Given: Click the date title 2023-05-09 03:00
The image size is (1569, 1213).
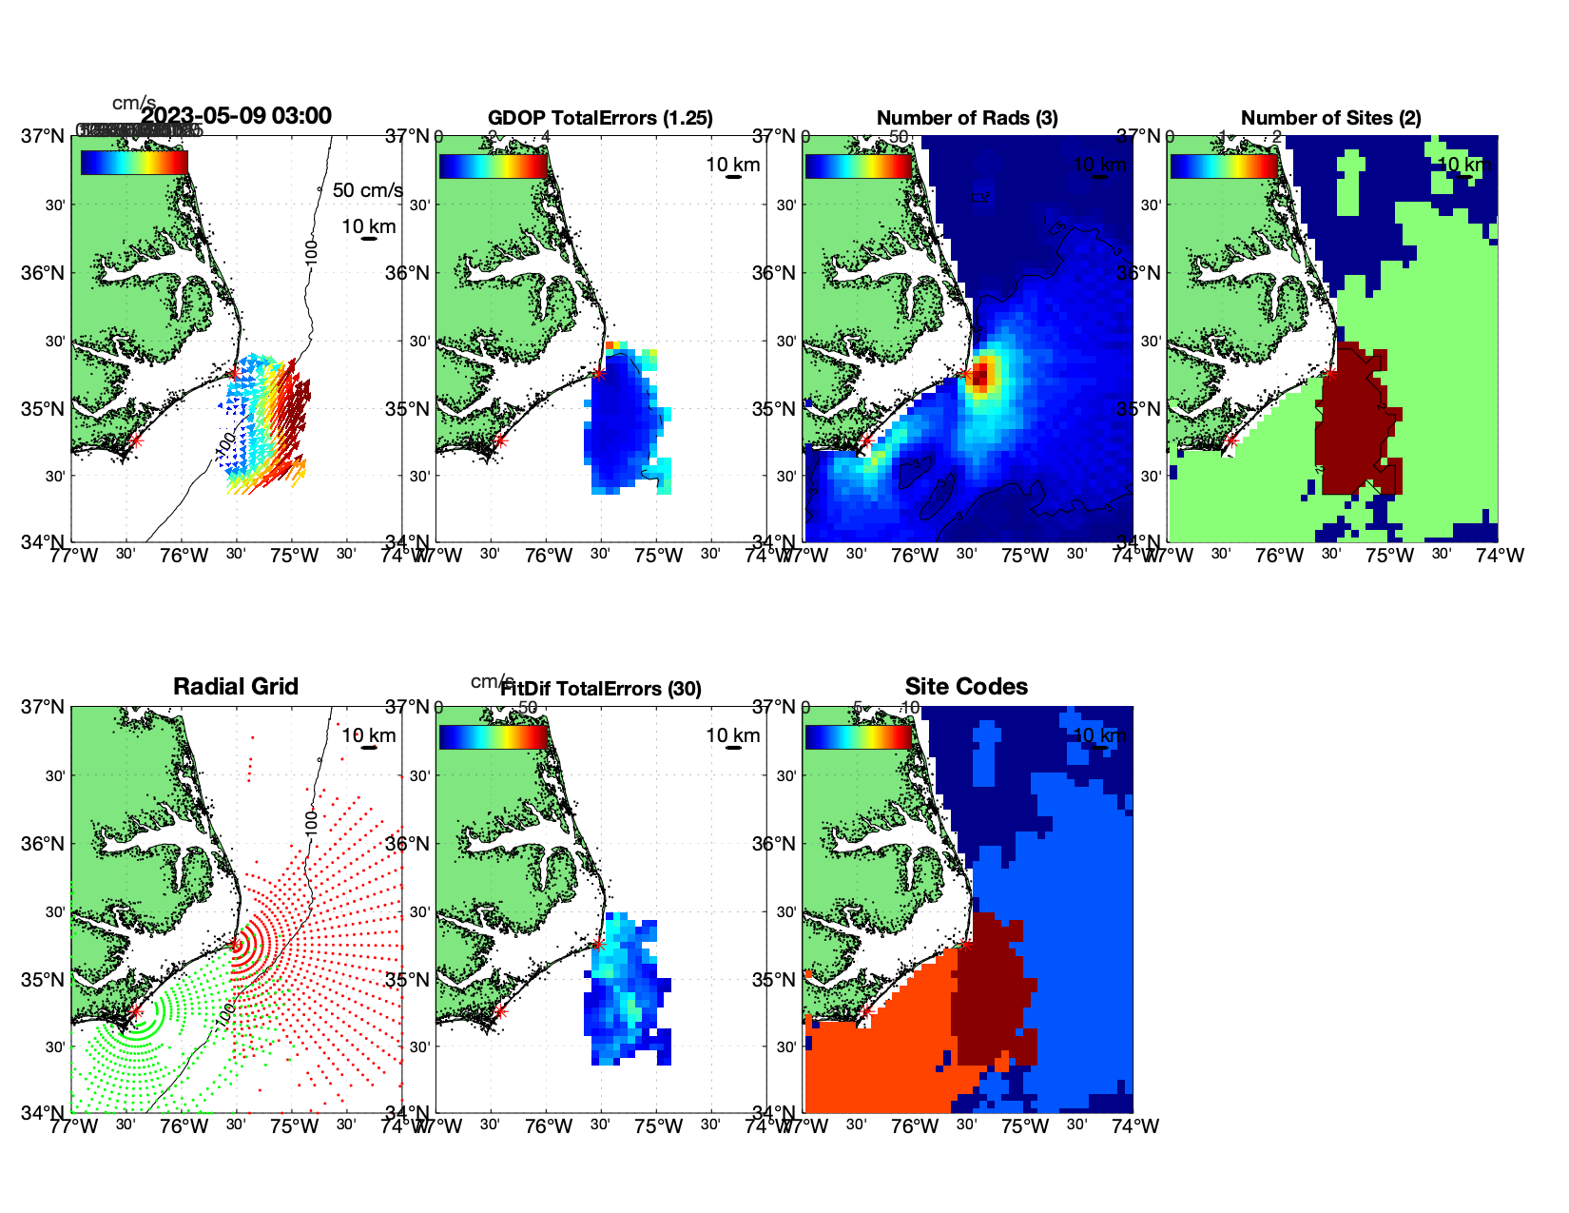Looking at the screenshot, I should tap(236, 116).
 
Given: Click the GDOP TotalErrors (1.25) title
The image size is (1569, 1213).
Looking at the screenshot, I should tap(600, 118).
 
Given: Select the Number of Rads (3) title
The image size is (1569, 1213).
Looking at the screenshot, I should tap(967, 118).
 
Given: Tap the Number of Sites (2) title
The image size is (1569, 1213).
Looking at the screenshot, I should tap(1330, 118).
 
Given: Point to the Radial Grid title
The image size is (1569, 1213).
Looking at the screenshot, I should tap(236, 687).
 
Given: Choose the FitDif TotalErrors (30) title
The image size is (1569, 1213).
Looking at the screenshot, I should tap(601, 689).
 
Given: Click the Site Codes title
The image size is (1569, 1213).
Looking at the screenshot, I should tap(966, 687).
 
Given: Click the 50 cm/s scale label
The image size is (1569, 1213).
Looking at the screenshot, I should tap(367, 190).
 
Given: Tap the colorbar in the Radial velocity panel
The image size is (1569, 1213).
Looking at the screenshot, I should tap(134, 163).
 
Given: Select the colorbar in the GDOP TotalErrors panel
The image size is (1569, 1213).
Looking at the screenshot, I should tap(493, 166).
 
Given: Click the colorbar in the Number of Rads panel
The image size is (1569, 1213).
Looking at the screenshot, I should tap(858, 166).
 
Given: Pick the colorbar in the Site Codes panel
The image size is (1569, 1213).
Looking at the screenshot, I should tap(858, 737).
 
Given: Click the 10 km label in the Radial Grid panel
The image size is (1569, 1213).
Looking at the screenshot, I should tap(369, 735).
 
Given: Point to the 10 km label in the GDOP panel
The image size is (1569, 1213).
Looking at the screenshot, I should tap(733, 165).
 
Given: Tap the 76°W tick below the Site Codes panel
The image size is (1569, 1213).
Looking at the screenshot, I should tap(915, 1126).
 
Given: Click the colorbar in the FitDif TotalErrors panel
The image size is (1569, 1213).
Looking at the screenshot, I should tap(493, 737).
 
